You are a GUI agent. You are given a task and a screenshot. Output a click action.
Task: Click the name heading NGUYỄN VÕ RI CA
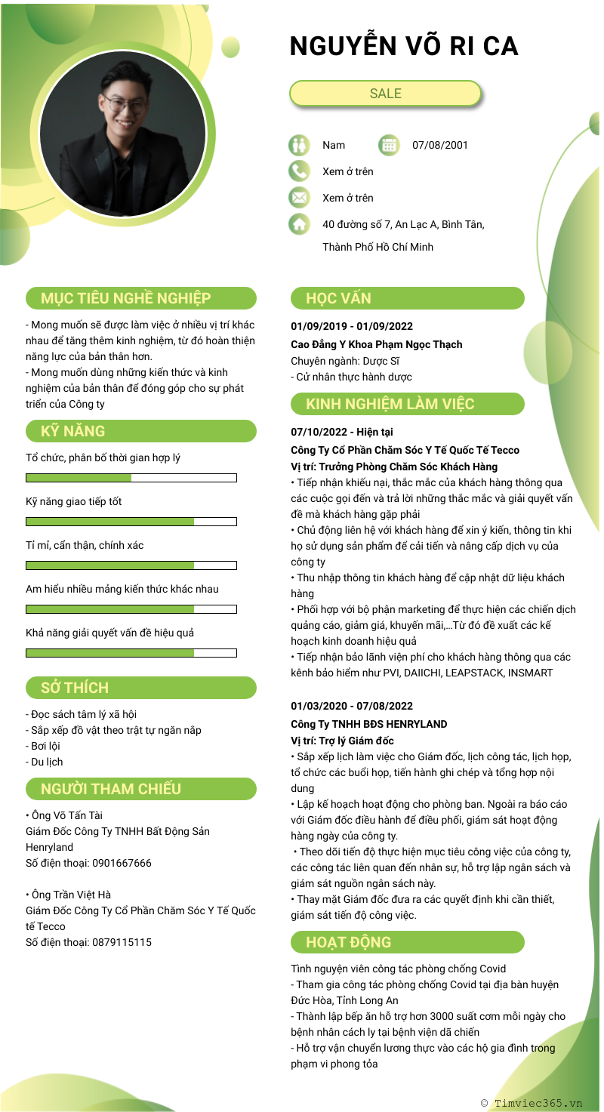[x=404, y=47]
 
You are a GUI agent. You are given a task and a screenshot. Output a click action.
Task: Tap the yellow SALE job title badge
[x=385, y=94]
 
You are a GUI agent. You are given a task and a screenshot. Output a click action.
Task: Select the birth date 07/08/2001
[x=440, y=145]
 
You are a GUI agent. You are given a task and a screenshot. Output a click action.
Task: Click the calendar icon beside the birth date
[x=388, y=145]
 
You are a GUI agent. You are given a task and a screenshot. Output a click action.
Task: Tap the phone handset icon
[x=299, y=171]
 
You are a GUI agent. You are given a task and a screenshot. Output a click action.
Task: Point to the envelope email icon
[x=299, y=198]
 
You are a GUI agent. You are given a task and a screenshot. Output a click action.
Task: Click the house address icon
[x=299, y=224]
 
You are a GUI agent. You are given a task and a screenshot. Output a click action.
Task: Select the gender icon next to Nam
[x=299, y=145]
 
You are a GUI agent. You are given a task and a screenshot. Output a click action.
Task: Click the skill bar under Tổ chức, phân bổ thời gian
[x=131, y=478]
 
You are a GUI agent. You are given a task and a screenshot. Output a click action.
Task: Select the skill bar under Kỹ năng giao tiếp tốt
[x=131, y=522]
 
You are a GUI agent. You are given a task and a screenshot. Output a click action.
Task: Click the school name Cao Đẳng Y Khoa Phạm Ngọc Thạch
[x=376, y=344]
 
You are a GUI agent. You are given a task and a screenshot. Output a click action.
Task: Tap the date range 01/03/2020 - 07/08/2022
[x=352, y=706]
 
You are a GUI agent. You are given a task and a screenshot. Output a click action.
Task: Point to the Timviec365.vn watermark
[x=532, y=1103]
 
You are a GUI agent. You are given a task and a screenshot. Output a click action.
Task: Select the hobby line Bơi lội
[x=45, y=746]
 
